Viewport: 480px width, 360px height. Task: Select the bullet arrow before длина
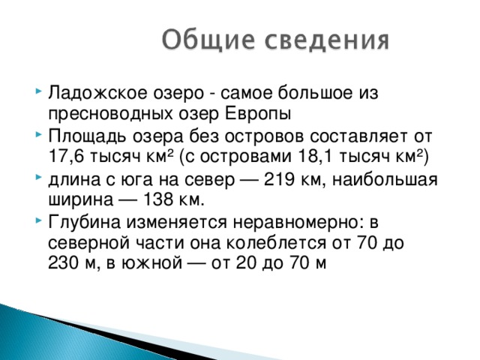(x=38, y=179)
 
